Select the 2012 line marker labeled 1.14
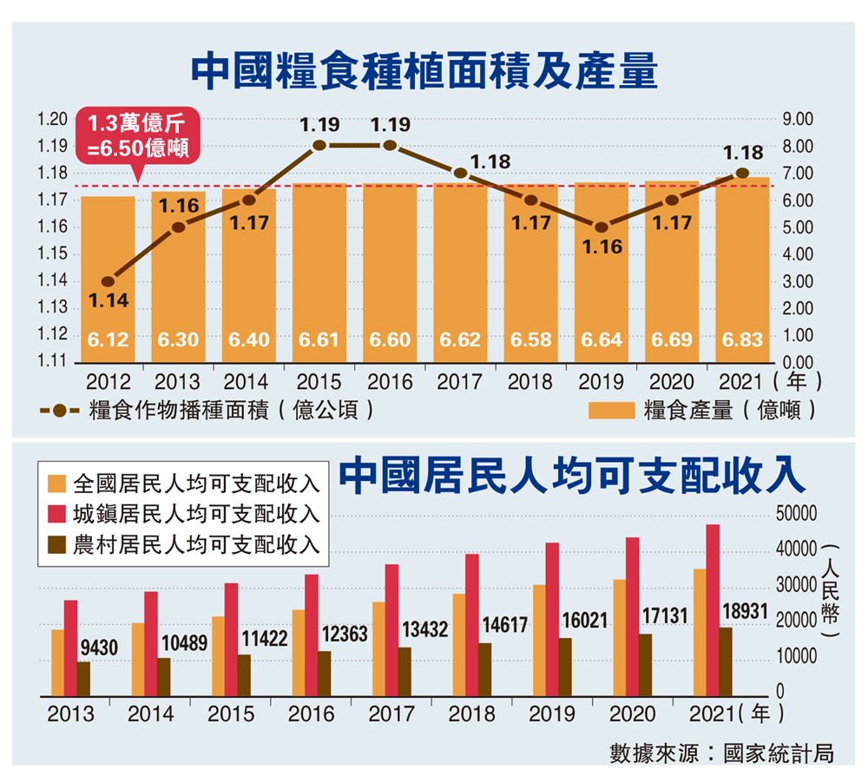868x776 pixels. (x=108, y=281)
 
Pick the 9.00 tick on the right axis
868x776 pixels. (x=796, y=119)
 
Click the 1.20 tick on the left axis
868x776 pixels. (x=53, y=119)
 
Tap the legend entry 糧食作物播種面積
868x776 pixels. (x=208, y=410)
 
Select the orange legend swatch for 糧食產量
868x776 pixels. (x=612, y=410)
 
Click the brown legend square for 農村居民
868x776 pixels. (x=56, y=544)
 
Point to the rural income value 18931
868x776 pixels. (x=745, y=613)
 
